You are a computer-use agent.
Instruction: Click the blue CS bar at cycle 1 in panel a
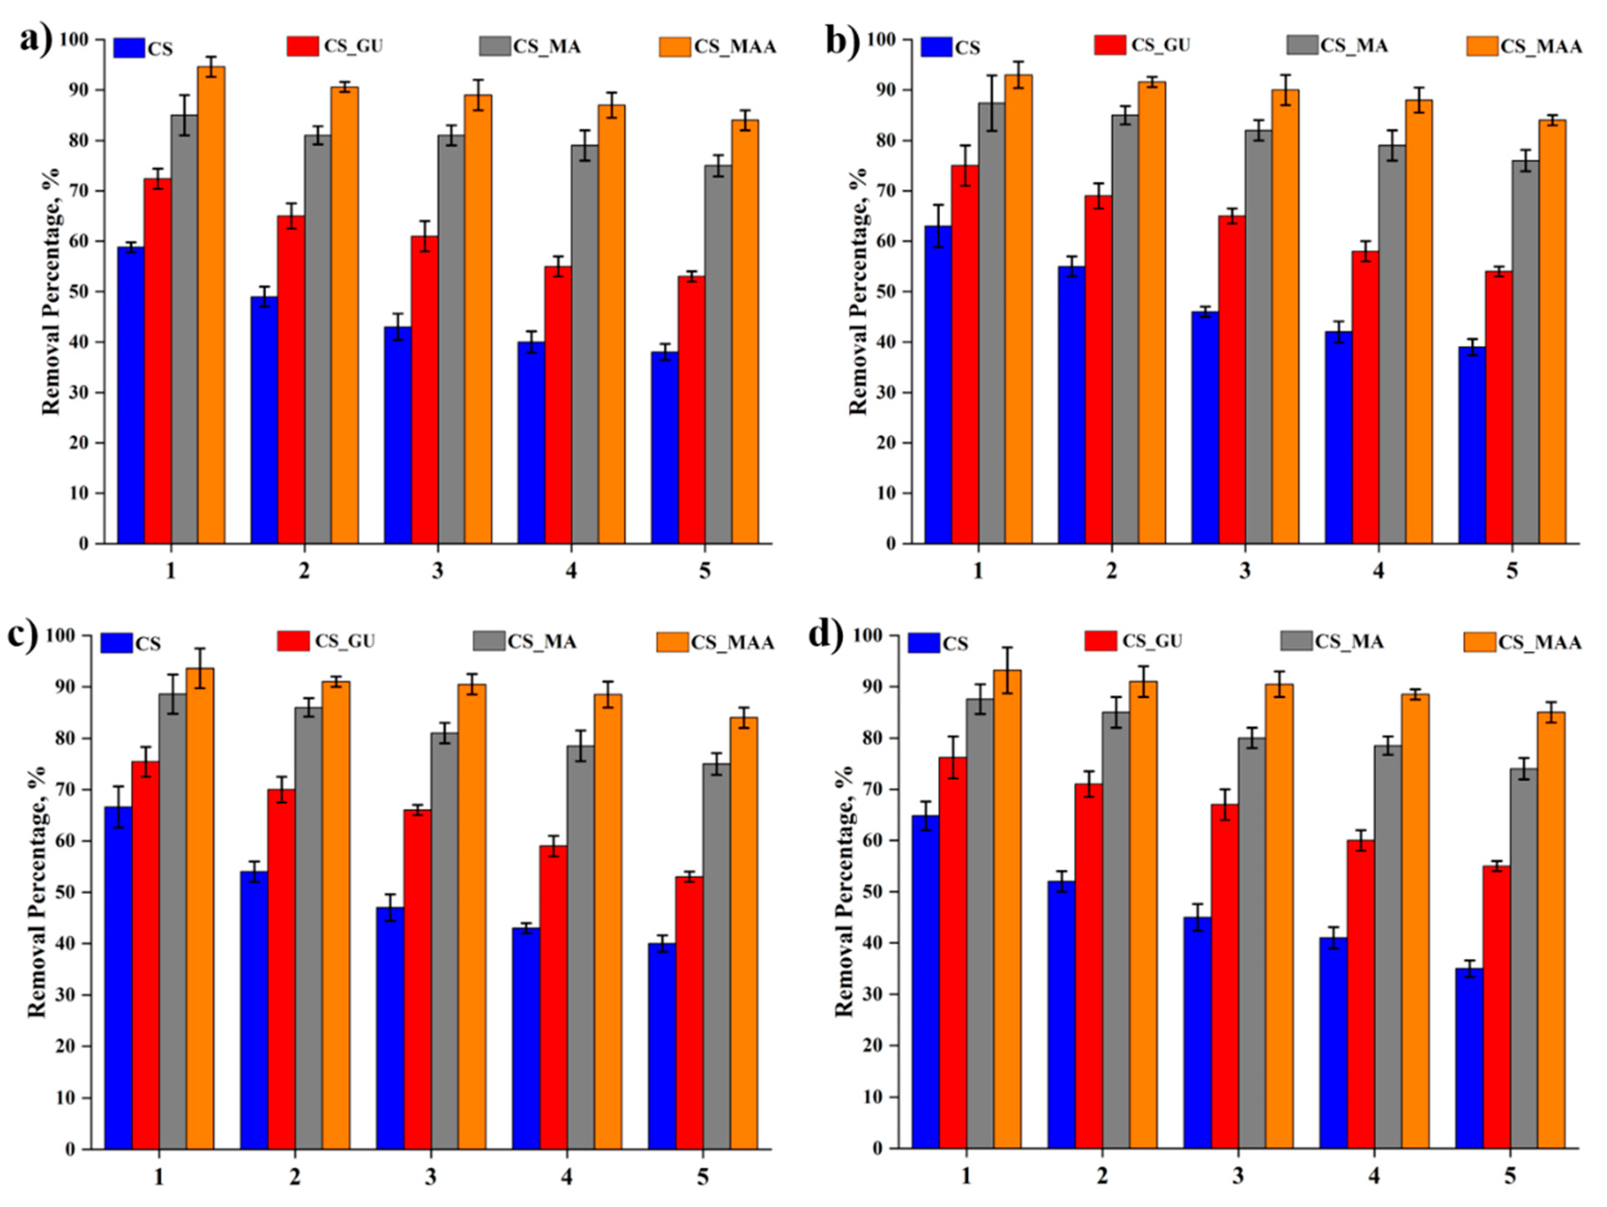pos(131,395)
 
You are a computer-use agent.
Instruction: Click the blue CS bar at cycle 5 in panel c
pos(662,1046)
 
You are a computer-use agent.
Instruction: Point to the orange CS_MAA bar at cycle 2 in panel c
pos(336,915)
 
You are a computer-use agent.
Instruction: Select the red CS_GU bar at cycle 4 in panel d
pos(1361,994)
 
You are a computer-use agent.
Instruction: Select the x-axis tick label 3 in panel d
pos(1238,1176)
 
